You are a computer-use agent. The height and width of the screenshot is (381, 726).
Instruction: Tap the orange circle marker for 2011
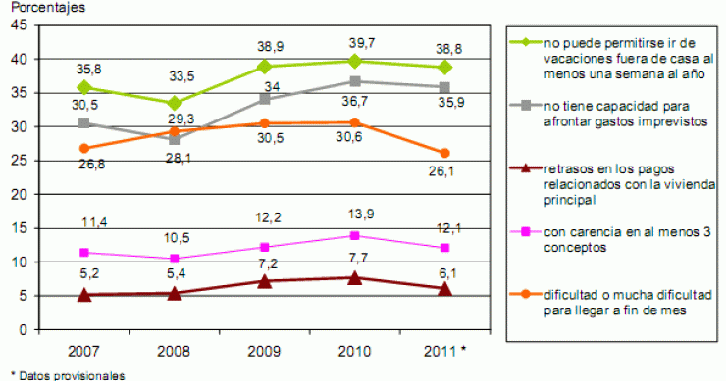[x=444, y=153]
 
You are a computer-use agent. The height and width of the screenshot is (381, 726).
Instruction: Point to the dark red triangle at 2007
[x=84, y=294]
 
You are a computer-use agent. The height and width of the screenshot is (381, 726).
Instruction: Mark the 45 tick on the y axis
[x=21, y=25]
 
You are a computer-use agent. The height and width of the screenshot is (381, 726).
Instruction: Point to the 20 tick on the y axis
[x=21, y=194]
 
